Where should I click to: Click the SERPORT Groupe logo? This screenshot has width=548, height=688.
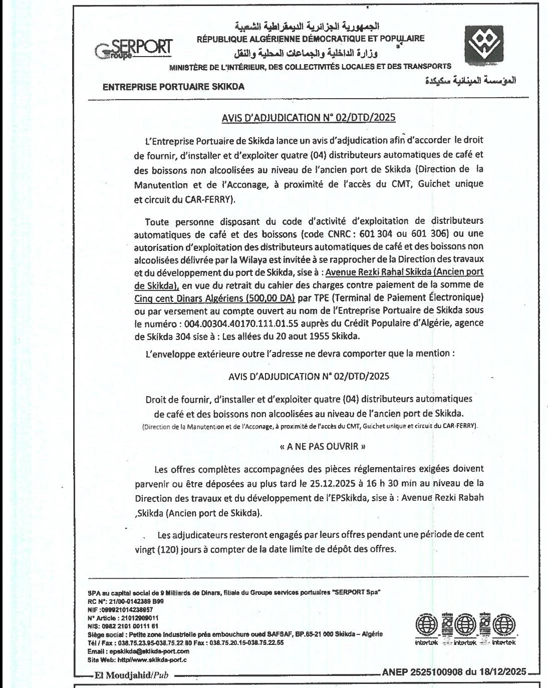[134, 49]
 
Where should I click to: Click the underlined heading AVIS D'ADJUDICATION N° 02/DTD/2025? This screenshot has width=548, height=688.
[309, 118]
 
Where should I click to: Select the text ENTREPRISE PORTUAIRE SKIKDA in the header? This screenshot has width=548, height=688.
[173, 87]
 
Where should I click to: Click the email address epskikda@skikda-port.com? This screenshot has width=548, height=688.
[139, 651]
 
